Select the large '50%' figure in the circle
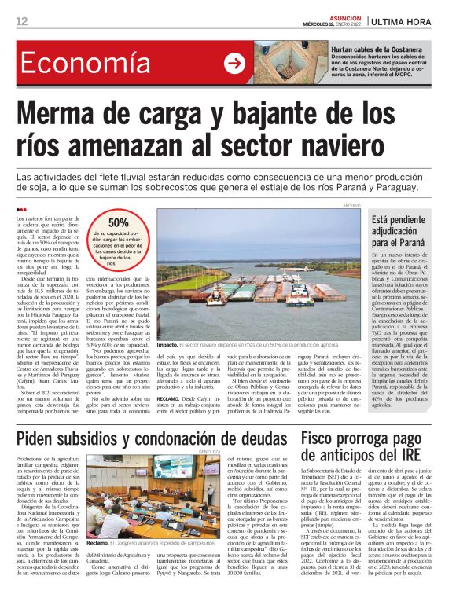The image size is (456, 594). pos(119,222)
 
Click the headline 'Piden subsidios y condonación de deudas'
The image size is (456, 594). pos(148,438)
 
